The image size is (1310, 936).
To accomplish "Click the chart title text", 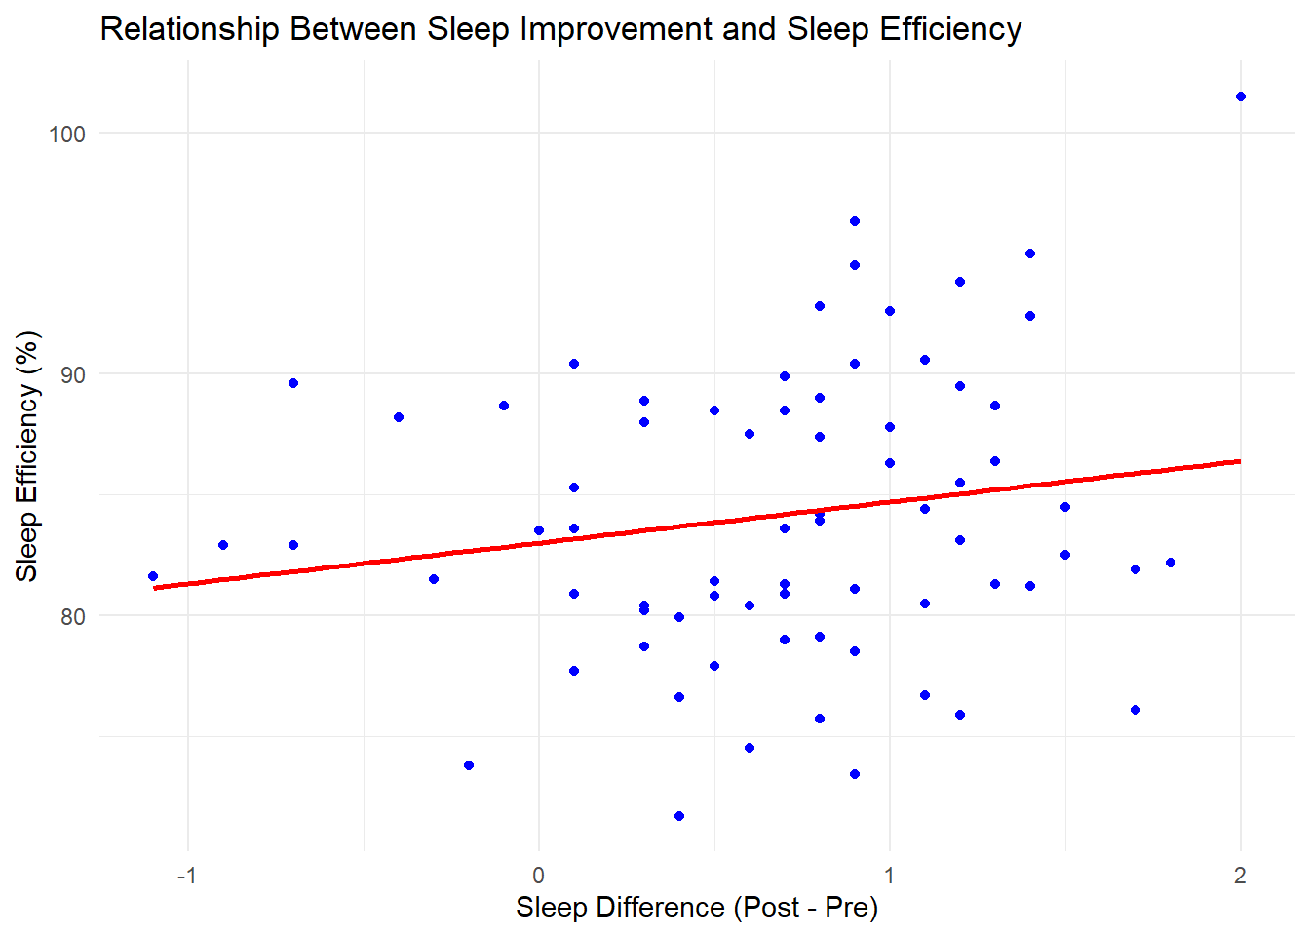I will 560,29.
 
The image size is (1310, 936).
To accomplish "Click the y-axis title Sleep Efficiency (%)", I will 27,456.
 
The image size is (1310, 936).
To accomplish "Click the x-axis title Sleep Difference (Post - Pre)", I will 697,907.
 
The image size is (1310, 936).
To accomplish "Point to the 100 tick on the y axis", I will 67,134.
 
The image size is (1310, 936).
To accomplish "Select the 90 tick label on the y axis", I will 67,374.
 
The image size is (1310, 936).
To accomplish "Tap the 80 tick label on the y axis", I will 67,616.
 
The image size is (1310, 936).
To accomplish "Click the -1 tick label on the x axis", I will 186,876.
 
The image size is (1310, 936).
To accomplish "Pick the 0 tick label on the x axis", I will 539,876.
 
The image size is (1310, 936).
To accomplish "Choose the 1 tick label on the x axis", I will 889,876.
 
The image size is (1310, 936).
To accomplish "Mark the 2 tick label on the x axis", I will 1240,876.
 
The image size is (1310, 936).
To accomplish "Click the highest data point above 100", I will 1241,97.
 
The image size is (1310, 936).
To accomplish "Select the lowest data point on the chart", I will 679,816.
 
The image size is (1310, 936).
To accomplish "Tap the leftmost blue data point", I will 153,576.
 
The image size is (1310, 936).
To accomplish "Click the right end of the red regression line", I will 1240,461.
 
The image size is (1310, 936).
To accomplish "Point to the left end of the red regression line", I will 154,588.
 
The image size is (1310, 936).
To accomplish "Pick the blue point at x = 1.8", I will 1171,563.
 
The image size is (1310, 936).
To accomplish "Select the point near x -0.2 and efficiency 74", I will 469,765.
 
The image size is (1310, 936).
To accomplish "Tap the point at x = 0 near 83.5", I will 539,530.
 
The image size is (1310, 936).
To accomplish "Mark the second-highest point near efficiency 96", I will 855,221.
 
